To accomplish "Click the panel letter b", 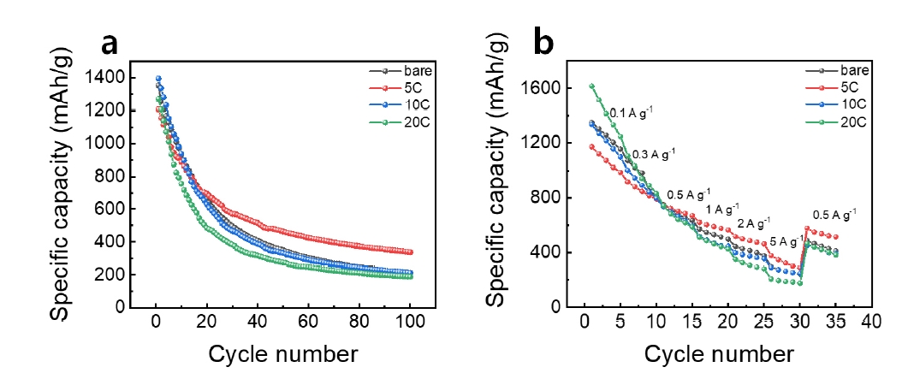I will (546, 43).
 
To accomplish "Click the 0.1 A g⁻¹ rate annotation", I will (632, 112).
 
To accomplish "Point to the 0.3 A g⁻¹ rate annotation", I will (654, 154).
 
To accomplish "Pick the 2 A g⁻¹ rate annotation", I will (754, 224).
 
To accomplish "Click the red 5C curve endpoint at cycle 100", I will (411, 252).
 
